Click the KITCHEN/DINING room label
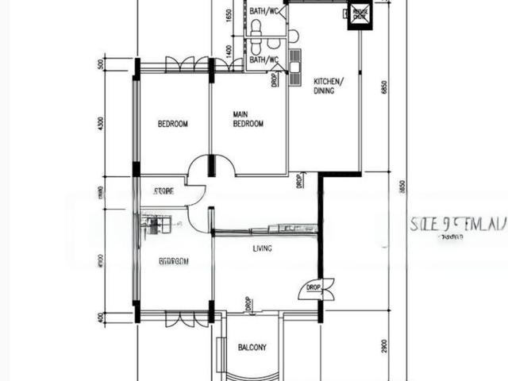328,86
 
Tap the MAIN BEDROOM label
248,119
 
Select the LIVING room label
262,248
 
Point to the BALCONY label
252,348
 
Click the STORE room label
164,191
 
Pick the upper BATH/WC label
264,12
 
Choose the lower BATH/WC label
264,60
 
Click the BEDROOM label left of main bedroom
172,124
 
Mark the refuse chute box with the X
360,13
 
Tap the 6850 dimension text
383,87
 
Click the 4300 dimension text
101,125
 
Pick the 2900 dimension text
383,345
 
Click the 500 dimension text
101,64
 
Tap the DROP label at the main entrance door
313,287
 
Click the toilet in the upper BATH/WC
256,28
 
